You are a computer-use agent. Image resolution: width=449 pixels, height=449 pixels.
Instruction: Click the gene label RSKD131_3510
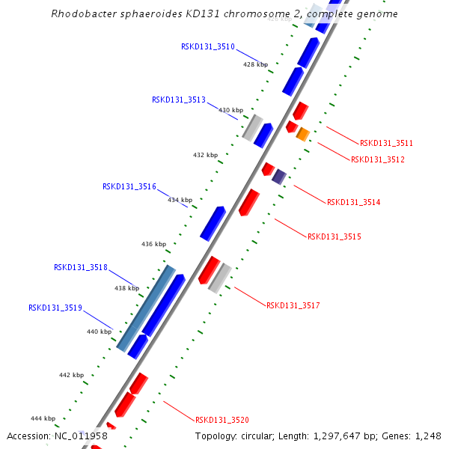point(208,46)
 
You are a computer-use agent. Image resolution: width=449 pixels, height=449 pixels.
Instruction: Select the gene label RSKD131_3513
point(179,100)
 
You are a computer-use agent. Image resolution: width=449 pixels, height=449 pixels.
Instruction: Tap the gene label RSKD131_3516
point(129,186)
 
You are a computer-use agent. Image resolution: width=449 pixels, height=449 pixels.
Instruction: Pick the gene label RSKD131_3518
point(81,267)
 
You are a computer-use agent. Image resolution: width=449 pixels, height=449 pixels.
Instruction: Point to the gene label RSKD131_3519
point(55,308)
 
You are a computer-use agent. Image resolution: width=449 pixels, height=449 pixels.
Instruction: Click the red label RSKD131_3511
point(386,143)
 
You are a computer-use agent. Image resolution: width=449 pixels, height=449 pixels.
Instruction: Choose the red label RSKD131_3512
point(377,159)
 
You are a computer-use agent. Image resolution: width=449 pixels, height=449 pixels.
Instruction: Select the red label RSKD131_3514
point(353,202)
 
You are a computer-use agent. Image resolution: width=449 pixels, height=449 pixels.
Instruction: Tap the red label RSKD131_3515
point(335,236)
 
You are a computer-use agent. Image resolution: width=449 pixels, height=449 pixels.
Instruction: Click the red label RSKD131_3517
point(293,305)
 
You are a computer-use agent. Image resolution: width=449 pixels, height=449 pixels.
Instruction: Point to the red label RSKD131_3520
point(222,420)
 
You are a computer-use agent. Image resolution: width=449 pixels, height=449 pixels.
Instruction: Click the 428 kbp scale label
point(255,64)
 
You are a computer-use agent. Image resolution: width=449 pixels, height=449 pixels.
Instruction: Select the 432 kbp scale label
point(205,155)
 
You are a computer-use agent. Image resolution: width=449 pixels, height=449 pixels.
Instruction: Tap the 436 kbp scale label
point(153,244)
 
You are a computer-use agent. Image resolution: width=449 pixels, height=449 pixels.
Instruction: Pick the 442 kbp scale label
point(72,375)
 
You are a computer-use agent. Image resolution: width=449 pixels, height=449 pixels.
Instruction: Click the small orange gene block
point(302,135)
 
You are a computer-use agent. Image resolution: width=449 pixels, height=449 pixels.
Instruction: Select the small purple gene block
point(279,177)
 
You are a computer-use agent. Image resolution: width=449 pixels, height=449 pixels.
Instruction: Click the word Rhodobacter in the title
point(83,14)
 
